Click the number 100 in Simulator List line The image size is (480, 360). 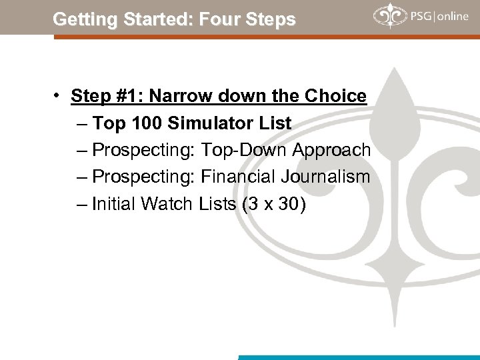point(150,123)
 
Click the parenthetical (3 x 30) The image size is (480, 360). point(274,204)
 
